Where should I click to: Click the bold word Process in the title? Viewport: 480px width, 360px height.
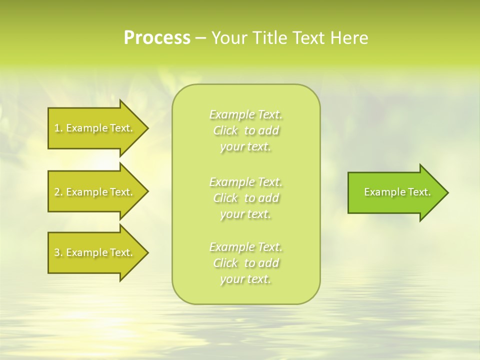157,38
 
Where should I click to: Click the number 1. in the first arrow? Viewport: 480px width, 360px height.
58,128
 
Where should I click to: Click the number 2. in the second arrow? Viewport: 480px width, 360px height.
58,192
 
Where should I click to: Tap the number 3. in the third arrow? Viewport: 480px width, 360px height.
58,252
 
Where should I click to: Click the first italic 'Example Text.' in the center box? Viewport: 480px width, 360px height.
246,114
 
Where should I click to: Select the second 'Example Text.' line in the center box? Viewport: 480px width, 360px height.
246,182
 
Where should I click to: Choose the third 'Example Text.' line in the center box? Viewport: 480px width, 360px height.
246,247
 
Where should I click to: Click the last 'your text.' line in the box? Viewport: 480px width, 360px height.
246,279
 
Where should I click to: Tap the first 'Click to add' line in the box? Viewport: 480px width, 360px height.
246,130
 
